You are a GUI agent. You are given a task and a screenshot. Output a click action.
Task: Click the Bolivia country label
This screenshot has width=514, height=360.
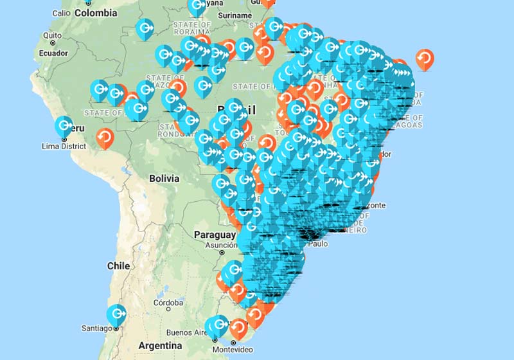tap(164, 178)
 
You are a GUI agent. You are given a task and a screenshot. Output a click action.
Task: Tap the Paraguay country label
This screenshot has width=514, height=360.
tap(215, 235)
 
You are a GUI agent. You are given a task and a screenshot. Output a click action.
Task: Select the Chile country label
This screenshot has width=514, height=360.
tap(118, 265)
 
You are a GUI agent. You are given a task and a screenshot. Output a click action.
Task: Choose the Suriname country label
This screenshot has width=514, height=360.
tap(235, 15)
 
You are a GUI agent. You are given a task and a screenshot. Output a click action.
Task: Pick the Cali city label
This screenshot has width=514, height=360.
tap(61, 13)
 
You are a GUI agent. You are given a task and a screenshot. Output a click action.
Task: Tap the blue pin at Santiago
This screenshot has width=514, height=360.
tap(116, 314)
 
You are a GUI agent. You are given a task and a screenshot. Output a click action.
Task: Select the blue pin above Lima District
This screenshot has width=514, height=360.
tap(64, 127)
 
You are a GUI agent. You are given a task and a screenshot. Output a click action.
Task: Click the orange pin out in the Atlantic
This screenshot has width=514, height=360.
tap(425, 59)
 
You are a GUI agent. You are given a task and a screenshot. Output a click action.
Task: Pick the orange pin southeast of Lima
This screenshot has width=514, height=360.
tap(105, 137)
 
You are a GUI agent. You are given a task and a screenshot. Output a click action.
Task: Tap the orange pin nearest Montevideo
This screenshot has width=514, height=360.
tap(238, 329)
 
